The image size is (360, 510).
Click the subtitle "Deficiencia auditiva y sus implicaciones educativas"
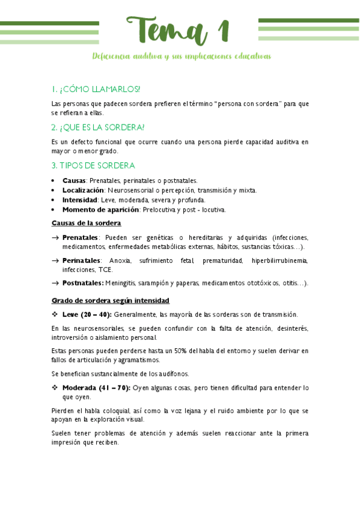182,56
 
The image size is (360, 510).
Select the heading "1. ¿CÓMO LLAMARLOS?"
96,89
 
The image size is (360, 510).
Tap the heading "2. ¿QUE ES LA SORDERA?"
98,127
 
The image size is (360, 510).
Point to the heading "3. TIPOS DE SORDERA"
93,165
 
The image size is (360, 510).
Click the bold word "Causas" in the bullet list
74,180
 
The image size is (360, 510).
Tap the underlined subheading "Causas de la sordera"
87,223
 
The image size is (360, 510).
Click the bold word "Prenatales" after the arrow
80,238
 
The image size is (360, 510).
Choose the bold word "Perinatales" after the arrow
81,260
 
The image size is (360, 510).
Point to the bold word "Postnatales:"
83,283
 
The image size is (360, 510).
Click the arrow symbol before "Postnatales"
55,283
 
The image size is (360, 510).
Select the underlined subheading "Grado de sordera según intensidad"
110,300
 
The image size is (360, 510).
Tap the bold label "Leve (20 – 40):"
87,315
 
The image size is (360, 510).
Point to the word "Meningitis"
122,283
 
